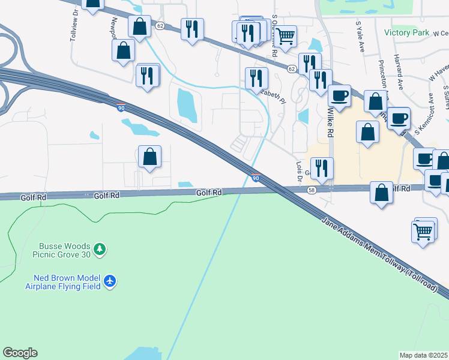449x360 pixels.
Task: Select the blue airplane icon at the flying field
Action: pos(109,280)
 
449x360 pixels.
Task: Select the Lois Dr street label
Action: pos(298,171)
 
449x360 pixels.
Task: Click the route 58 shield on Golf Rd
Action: pos(312,190)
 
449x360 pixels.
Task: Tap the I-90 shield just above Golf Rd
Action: pos(256,178)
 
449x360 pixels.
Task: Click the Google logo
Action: pos(20,353)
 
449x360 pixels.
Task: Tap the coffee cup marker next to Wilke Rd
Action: pos(339,95)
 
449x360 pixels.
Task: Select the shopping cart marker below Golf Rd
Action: pos(424,230)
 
